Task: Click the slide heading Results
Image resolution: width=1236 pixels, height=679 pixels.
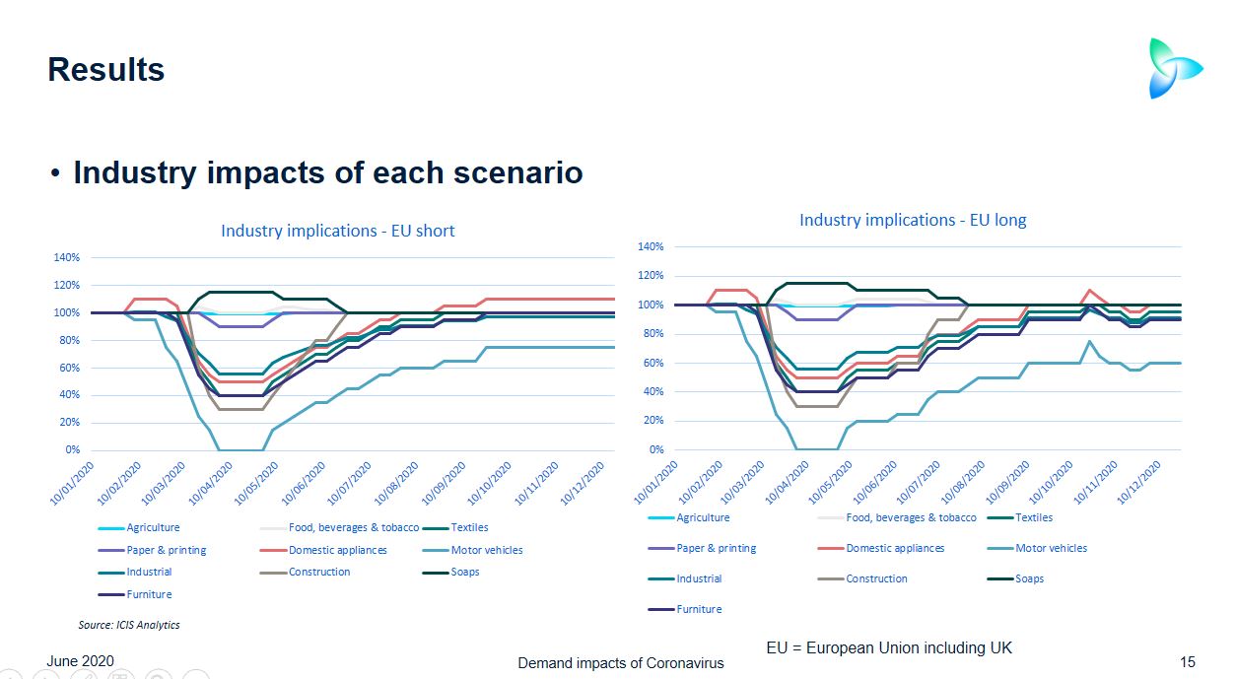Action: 106,70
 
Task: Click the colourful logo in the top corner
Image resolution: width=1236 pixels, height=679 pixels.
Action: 1175,68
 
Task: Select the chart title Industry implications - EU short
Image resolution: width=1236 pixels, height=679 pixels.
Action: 337,231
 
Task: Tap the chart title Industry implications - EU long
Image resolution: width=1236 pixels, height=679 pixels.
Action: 913,220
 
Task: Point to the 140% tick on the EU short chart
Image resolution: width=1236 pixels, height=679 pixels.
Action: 67,257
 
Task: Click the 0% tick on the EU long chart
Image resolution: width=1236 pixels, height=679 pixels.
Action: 655,450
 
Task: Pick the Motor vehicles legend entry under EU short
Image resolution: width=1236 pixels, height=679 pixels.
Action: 486,550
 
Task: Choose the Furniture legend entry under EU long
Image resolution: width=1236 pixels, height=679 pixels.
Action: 699,609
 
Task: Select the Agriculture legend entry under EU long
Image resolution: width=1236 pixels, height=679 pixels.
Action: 703,517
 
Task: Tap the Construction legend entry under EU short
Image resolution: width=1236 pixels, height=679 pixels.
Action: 318,572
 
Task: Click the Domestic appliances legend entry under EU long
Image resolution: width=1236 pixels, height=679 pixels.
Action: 894,548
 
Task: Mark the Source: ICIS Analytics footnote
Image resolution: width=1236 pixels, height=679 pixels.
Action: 129,625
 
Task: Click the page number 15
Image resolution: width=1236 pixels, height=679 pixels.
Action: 1188,662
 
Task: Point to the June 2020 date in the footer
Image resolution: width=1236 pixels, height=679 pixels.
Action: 81,660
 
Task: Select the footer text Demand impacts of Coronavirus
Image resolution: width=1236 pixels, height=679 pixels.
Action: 621,663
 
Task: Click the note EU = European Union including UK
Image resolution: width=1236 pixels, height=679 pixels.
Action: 889,647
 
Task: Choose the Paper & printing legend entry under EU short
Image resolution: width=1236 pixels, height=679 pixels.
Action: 166,550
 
